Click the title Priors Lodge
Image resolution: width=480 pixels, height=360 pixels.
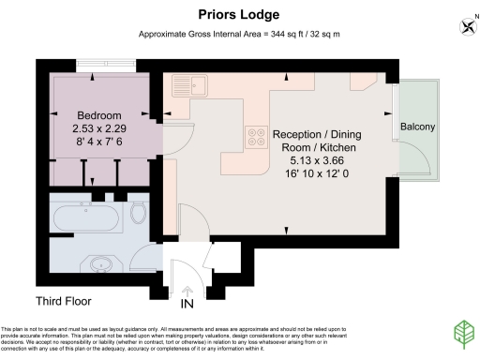click(x=239, y=15)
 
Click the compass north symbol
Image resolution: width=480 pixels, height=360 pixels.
click(x=466, y=25)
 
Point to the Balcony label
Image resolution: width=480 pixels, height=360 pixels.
click(x=416, y=127)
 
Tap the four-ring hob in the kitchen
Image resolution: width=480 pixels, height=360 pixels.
click(x=255, y=138)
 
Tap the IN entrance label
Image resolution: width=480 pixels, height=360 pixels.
click(x=187, y=304)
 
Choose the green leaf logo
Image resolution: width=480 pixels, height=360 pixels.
click(x=463, y=334)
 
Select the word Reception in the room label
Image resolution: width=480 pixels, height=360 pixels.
click(x=298, y=134)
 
